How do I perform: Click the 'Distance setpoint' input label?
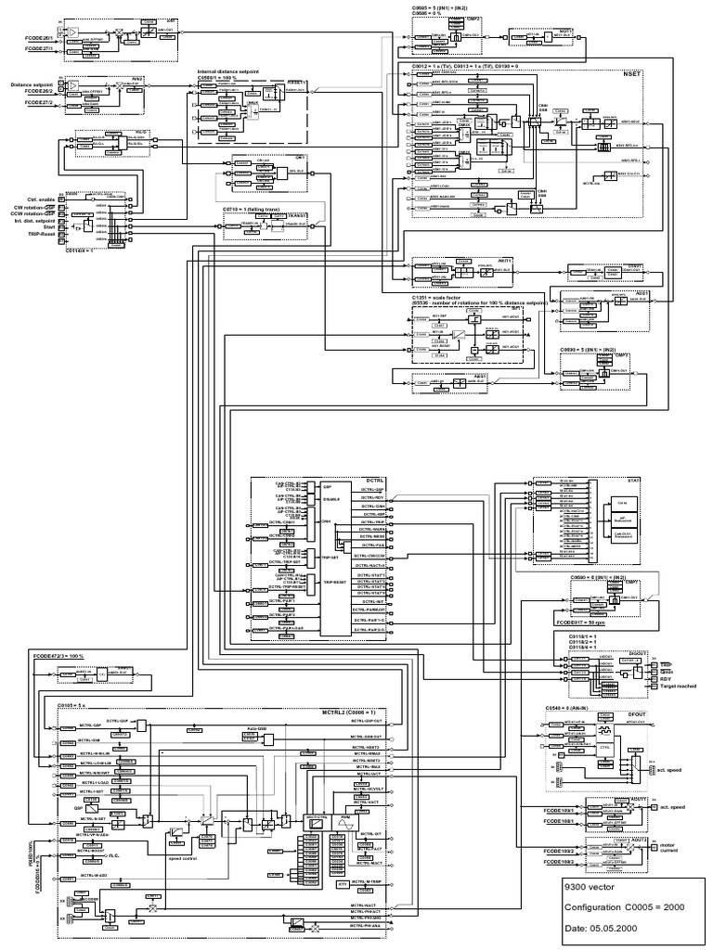tap(32, 84)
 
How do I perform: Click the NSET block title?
tap(632, 72)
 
